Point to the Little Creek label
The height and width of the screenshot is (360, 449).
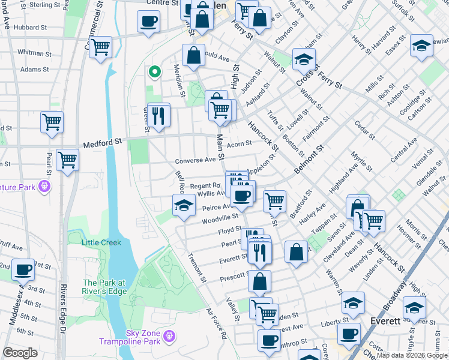[x=101, y=242]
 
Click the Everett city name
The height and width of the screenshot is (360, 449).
[x=385, y=321]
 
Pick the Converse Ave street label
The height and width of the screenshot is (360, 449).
[x=195, y=161]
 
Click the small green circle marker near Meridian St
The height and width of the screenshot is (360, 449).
[x=154, y=73]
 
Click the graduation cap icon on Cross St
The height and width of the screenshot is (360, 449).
[x=304, y=59]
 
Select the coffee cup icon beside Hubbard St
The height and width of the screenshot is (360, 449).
[x=148, y=22]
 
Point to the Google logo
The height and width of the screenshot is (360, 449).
[x=20, y=353]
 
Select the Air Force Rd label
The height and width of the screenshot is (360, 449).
[x=216, y=325]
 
